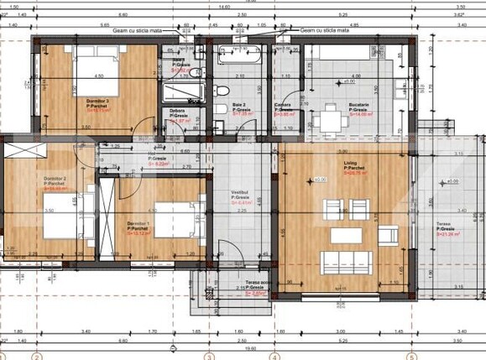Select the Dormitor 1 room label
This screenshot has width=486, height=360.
tap(138, 224)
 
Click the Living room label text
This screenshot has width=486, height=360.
tap(351, 164)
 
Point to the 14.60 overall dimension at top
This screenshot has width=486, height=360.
tap(224, 7)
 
